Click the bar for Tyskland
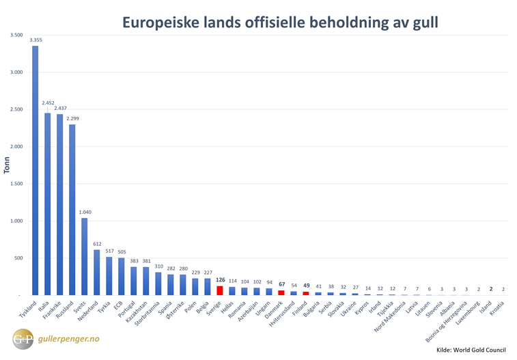[x=35, y=171]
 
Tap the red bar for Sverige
[x=220, y=290]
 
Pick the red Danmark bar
[x=281, y=292]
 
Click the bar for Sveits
[x=84, y=256]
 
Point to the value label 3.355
[x=36, y=40]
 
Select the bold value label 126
[x=220, y=279]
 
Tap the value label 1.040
[x=85, y=212]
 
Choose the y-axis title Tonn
[x=7, y=165]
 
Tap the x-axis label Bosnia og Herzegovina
[x=445, y=327]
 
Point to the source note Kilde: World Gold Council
[x=471, y=349]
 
